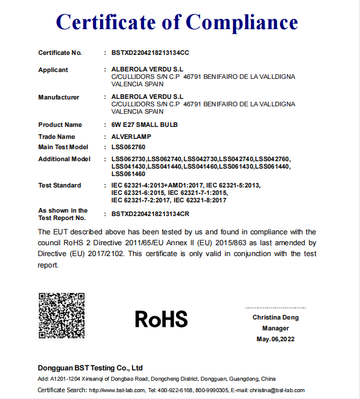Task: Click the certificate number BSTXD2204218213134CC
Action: tap(150, 53)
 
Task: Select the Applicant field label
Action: tap(53, 70)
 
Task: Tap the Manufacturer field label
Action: tap(59, 97)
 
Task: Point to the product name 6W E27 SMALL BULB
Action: tap(145, 125)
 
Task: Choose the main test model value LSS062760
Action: tap(129, 147)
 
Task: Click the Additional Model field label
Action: tap(65, 159)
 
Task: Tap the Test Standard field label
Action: tap(60, 185)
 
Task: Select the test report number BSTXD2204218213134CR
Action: tap(150, 214)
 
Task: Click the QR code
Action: tap(61, 316)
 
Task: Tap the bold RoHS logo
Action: tap(161, 319)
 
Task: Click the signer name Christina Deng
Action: tap(275, 317)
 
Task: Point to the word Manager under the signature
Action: tap(275, 328)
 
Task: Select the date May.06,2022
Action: tap(275, 339)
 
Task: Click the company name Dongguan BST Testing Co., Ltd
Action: tap(90, 368)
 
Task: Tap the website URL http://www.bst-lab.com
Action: tap(117, 390)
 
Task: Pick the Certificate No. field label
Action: tap(60, 53)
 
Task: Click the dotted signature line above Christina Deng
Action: tap(275, 308)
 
